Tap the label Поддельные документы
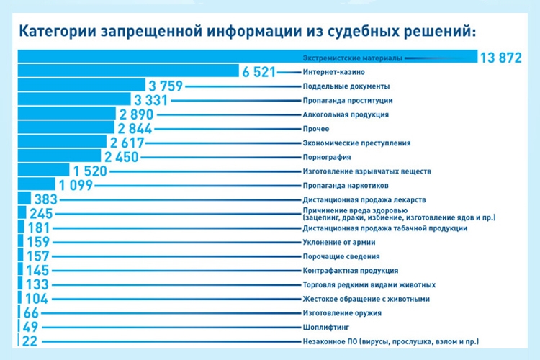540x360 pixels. tap(342, 86)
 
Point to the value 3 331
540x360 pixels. tap(151, 100)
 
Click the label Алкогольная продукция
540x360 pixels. tap(346, 114)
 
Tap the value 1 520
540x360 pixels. tap(89, 171)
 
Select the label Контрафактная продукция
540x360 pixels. tap(351, 271)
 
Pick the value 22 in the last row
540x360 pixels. tap(30, 341)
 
